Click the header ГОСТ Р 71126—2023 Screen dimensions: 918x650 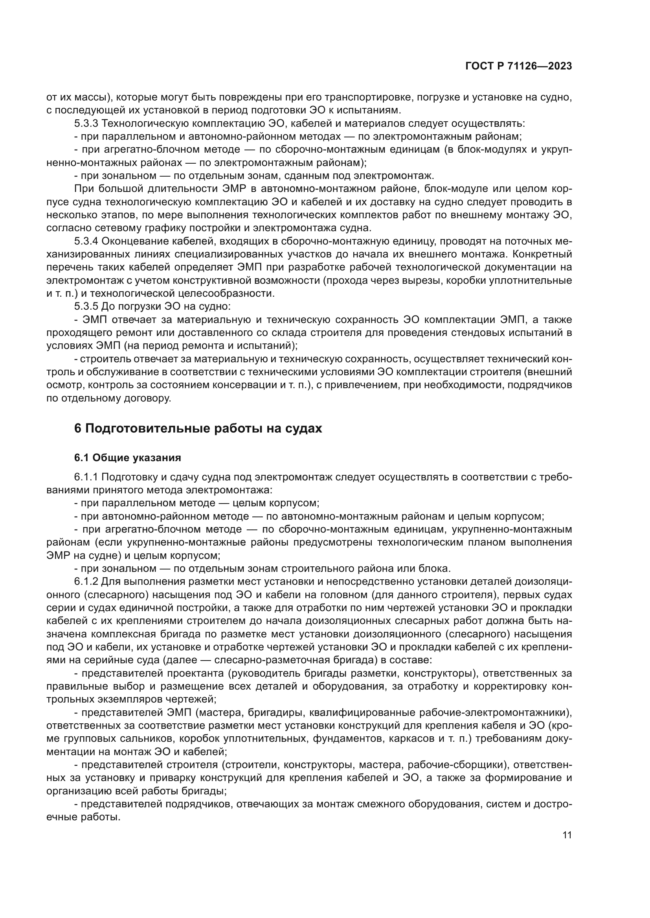[518, 66]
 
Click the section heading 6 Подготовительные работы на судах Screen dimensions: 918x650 [198, 428]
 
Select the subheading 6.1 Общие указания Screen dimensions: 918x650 [127, 458]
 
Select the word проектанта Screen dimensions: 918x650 [195, 674]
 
